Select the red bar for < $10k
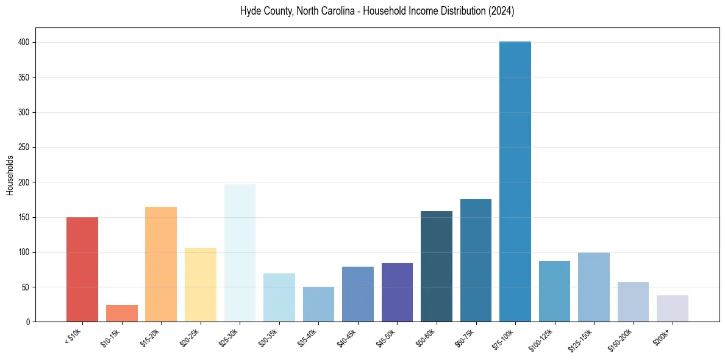point(82,269)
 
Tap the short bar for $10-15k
point(122,313)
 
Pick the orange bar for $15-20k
point(161,264)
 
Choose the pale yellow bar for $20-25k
point(201,284)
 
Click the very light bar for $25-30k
point(240,253)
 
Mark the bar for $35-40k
point(318,304)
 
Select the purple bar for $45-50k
point(397,292)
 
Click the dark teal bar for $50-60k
point(437,266)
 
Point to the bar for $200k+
point(673,308)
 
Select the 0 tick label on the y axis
point(29,322)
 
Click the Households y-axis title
point(10,175)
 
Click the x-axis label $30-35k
point(269,336)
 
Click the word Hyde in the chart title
point(252,12)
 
